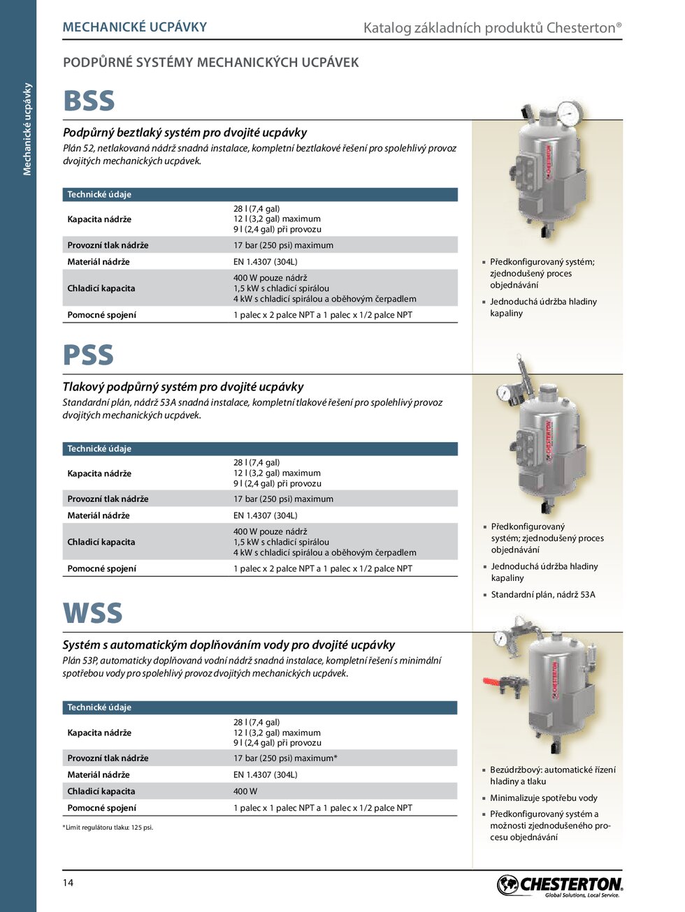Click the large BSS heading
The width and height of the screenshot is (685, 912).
point(89,101)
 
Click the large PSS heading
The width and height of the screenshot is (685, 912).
point(88,355)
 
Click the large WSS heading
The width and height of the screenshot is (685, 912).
point(92,614)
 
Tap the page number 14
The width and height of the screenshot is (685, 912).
point(68,883)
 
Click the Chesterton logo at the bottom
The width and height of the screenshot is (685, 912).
point(560,885)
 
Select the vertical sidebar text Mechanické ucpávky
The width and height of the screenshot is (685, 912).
point(28,129)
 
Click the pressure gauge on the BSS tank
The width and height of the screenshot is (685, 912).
point(570,112)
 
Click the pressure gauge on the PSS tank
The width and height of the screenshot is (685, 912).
point(503,392)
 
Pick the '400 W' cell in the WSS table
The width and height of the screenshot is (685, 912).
point(245,791)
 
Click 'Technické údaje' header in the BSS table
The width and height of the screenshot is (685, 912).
point(99,194)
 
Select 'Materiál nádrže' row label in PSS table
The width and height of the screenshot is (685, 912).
point(99,515)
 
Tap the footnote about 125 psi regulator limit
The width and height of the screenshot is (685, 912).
point(108,828)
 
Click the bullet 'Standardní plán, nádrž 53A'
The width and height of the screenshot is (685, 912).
point(543,595)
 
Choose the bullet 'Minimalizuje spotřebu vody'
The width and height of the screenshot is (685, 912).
point(544,798)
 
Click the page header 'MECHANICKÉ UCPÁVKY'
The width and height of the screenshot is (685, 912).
point(135,27)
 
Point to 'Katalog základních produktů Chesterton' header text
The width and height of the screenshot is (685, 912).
point(492,28)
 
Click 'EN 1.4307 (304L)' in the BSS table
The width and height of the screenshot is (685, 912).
point(266,262)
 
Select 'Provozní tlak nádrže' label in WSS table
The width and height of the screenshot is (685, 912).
point(108,758)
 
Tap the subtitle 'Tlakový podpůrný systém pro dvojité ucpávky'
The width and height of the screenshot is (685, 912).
point(183,387)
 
